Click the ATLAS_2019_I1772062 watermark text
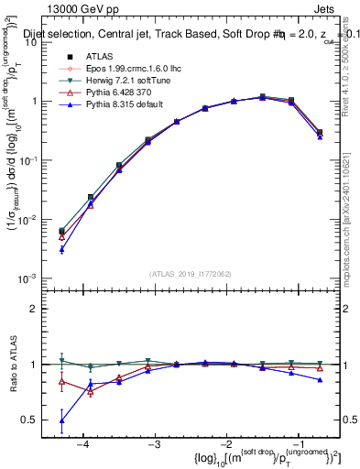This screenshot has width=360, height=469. pyautogui.click(x=191, y=273)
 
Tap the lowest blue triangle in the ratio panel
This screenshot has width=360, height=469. pyautogui.click(x=61, y=420)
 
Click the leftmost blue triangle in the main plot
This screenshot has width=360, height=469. pyautogui.click(x=61, y=249)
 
